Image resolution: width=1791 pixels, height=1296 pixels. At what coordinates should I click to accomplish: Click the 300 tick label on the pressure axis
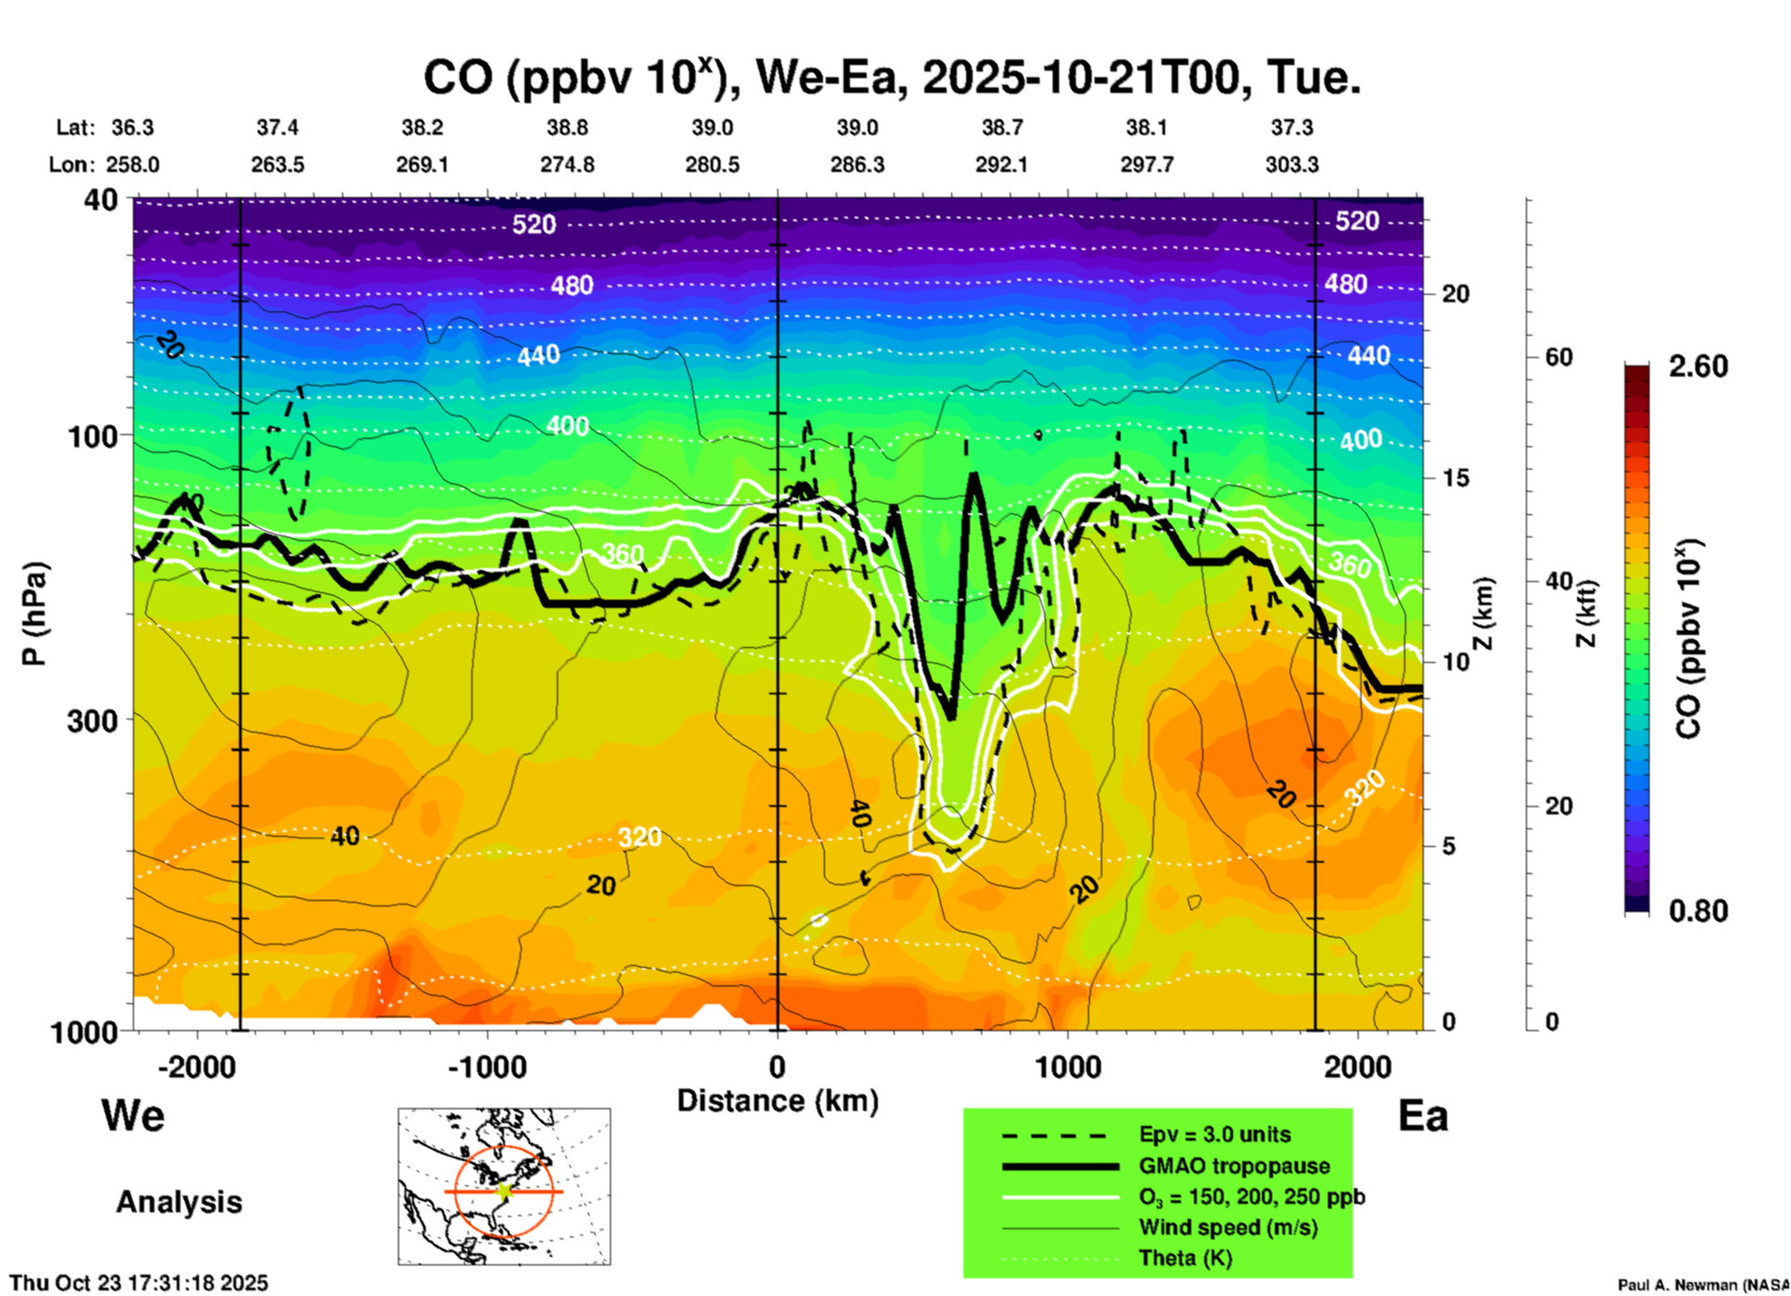point(92,720)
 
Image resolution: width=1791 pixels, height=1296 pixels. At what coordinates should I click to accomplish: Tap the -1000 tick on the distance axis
point(487,1066)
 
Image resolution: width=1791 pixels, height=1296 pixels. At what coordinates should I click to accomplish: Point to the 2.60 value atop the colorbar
point(1698,366)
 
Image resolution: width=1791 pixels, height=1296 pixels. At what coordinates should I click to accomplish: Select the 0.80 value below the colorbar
point(1698,911)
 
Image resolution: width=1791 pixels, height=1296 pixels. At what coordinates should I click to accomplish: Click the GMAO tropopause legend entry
point(1234,1166)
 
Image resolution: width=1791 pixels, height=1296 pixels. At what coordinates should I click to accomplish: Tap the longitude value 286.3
point(857,165)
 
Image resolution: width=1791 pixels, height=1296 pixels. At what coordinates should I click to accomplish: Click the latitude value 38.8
point(567,127)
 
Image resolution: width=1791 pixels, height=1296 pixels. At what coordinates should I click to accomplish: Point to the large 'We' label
point(133,1115)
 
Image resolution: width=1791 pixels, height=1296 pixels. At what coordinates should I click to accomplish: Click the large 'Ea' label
point(1423,1116)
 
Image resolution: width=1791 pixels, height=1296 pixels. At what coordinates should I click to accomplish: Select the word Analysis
point(179,1201)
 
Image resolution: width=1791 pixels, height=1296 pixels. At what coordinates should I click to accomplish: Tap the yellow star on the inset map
point(504,1190)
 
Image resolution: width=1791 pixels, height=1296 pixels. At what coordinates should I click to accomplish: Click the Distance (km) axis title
point(777,1101)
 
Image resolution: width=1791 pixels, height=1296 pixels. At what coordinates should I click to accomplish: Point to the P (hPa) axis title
point(33,614)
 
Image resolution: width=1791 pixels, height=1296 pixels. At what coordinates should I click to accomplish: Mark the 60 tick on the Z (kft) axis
point(1559,357)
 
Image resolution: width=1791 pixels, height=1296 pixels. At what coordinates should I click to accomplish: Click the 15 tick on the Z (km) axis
point(1455,478)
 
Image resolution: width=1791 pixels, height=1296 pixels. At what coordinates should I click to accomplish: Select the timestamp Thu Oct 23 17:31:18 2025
point(139,1283)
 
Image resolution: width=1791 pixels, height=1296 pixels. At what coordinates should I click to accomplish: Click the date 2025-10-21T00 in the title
point(1081,77)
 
